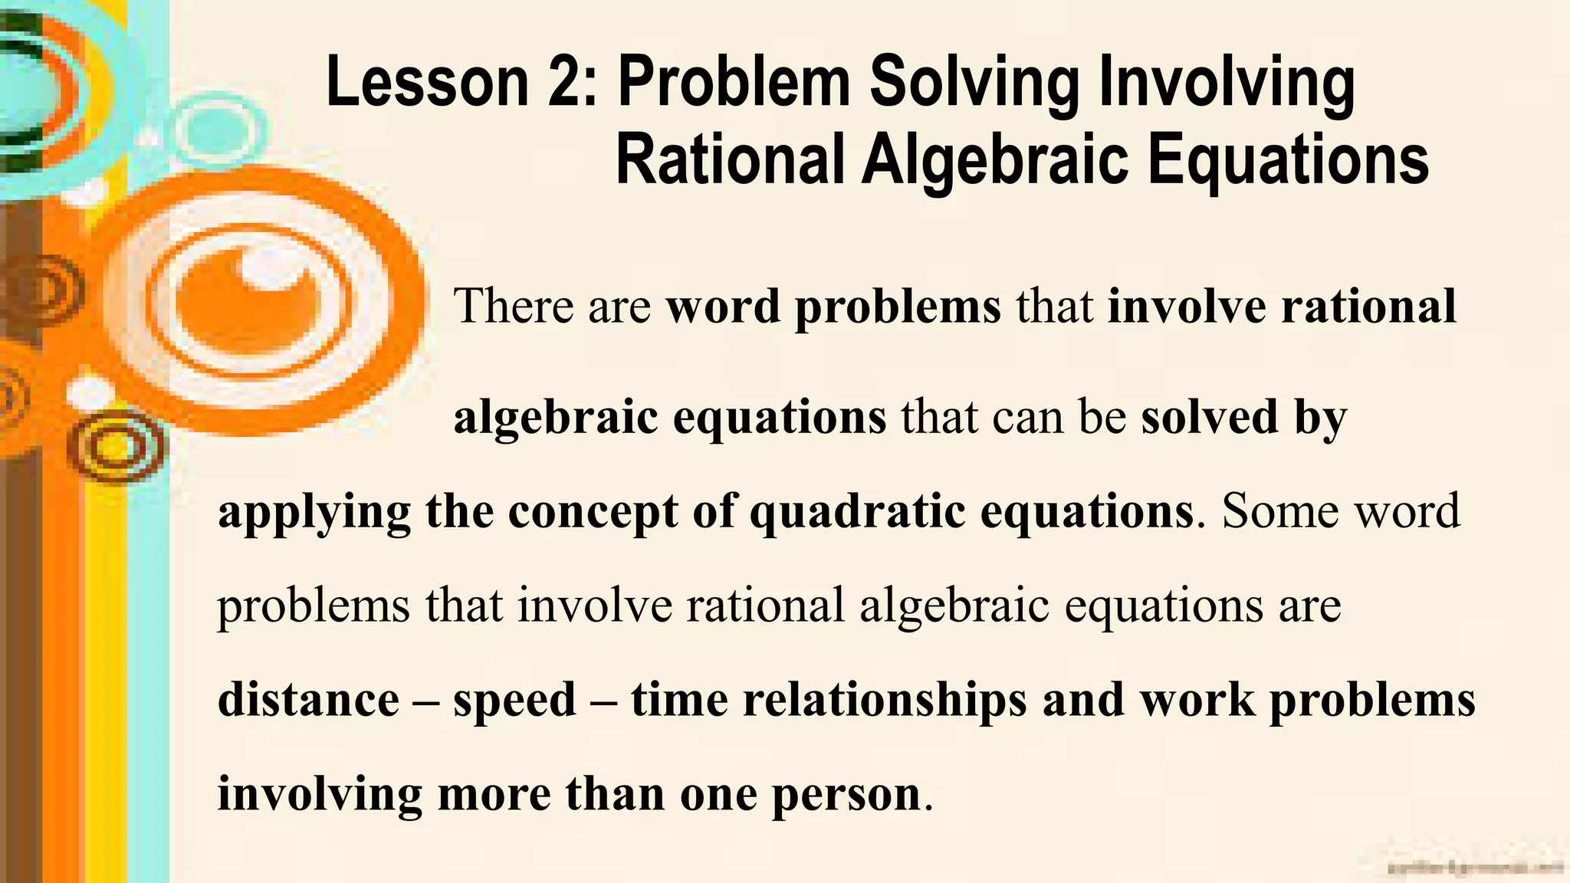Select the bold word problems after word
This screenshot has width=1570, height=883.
point(898,307)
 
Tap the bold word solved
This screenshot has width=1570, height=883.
point(1210,417)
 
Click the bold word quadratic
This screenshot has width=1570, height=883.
point(857,512)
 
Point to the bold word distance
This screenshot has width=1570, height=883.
point(308,699)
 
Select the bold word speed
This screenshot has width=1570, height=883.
point(514,701)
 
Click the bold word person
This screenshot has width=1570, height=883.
point(846,794)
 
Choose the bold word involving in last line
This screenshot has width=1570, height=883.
point(320,794)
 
